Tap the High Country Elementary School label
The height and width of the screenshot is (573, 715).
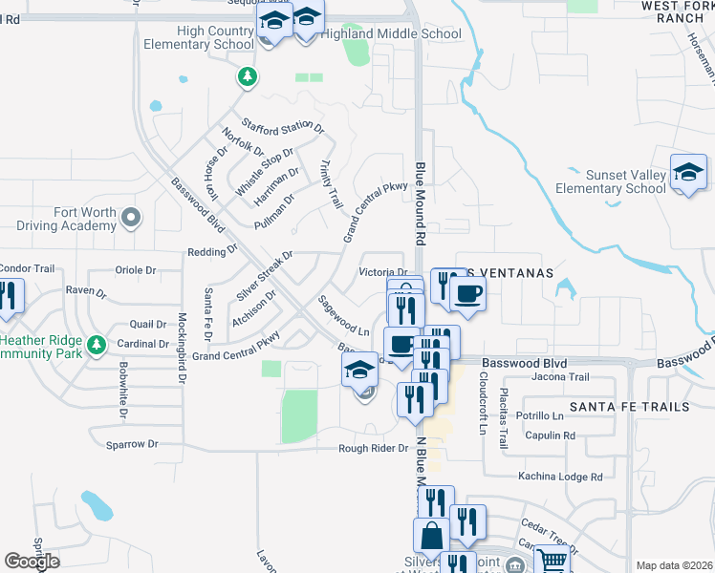pyautogui.click(x=198, y=38)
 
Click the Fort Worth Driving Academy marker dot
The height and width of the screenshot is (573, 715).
pyautogui.click(x=132, y=218)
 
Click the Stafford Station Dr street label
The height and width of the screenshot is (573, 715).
pyautogui.click(x=283, y=126)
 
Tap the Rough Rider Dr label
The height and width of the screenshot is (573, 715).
pyautogui.click(x=373, y=449)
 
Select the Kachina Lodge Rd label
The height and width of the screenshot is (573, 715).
pyautogui.click(x=560, y=477)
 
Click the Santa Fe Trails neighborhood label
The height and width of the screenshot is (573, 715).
pyautogui.click(x=629, y=407)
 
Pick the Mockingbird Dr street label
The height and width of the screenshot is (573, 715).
pyautogui.click(x=181, y=350)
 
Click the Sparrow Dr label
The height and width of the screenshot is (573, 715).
pyautogui.click(x=133, y=444)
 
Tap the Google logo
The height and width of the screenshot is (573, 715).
pyautogui.click(x=32, y=561)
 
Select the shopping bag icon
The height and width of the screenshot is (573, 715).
pyautogui.click(x=430, y=537)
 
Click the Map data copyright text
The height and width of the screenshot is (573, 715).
pyautogui.click(x=675, y=565)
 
